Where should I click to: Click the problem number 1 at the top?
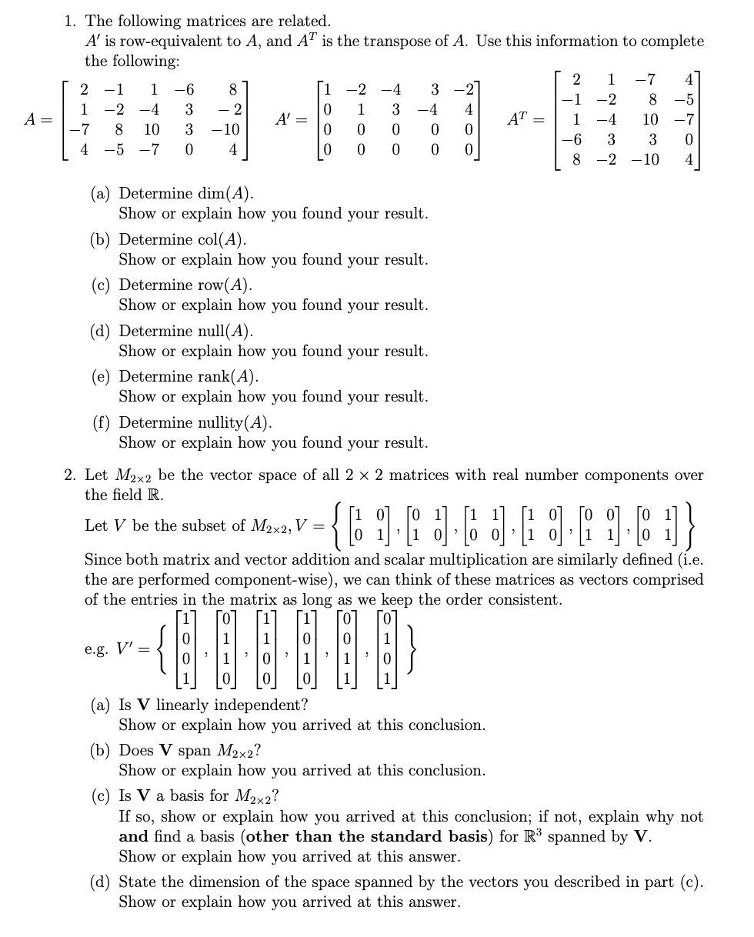point(69,21)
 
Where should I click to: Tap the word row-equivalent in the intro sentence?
point(170,41)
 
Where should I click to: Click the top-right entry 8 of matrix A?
point(232,89)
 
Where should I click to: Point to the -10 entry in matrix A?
point(226,128)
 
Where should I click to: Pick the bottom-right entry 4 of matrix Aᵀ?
point(689,162)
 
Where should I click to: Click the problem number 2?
point(69,475)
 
